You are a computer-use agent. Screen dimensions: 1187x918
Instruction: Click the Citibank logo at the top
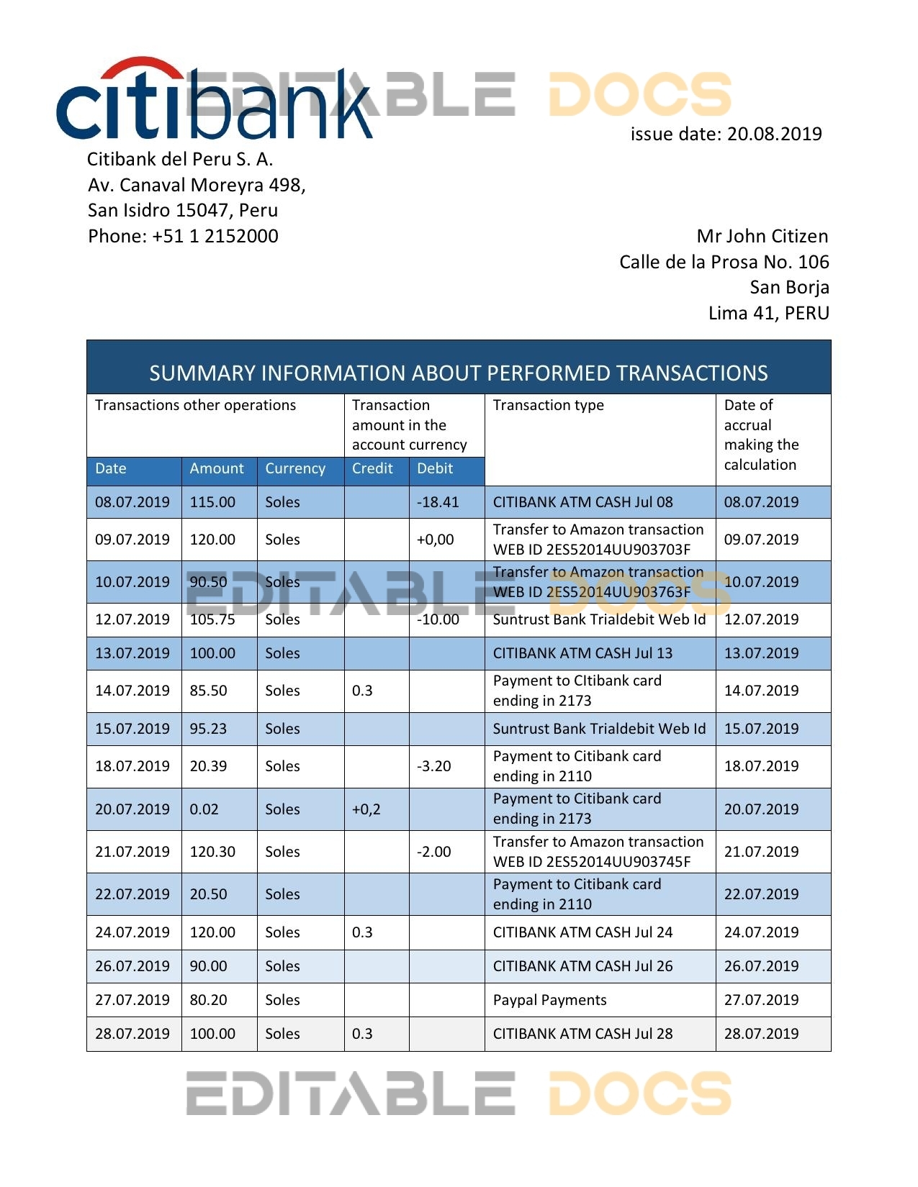pos(214,101)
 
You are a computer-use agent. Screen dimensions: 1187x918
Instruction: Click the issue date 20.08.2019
pos(726,134)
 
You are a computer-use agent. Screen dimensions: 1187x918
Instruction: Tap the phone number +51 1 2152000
pos(183,236)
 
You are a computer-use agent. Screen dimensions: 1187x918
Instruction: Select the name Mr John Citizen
pos(762,236)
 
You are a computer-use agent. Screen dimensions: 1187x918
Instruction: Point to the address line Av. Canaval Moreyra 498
pos(197,185)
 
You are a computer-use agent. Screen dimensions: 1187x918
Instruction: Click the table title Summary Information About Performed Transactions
pos(459,373)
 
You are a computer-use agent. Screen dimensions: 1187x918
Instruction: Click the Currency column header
pos(295,468)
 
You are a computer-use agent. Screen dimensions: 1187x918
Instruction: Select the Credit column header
pos(372,468)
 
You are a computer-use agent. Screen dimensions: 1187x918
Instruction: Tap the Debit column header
pos(435,468)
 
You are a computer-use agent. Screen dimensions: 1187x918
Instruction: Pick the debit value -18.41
pos(438,502)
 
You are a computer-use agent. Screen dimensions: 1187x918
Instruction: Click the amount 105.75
pos(212,619)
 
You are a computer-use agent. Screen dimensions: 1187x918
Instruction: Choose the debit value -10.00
pos(438,619)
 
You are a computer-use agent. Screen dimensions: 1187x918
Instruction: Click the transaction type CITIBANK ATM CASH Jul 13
pos(582,653)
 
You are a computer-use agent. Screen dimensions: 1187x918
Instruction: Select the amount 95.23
pos(208,729)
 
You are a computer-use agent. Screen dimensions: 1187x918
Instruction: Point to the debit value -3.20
pos(434,766)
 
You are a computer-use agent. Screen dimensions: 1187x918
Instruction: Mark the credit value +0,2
pos(366,809)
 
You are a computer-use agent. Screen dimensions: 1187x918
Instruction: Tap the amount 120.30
pos(212,852)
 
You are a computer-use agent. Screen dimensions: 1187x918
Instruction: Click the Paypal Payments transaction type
pos(549,1000)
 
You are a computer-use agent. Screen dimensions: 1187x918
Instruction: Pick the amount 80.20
pos(208,1000)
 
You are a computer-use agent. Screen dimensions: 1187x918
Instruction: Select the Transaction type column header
pos(548,405)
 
